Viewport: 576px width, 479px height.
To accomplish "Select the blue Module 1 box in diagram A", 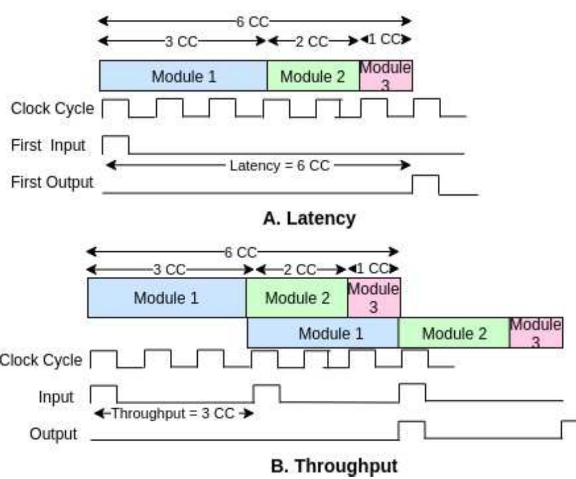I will [x=184, y=76].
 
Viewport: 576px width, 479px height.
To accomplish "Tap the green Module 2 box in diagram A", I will [x=313, y=76].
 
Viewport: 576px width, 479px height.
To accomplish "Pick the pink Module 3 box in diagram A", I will [x=386, y=76].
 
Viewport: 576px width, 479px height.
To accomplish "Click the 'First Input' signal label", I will [x=48, y=146].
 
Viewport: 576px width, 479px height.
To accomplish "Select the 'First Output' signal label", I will [x=52, y=182].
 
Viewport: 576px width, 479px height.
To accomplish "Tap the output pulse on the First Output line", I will [x=425, y=184].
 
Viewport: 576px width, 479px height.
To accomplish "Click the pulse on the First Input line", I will [x=116, y=144].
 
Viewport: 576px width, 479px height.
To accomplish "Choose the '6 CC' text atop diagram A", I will [x=252, y=22].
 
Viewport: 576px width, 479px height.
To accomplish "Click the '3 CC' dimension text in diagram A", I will [x=181, y=41].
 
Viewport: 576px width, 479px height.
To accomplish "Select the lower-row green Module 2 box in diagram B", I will [x=454, y=333].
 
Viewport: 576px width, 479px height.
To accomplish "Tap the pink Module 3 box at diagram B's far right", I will [x=536, y=333].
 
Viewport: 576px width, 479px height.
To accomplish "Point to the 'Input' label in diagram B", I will [x=56, y=397].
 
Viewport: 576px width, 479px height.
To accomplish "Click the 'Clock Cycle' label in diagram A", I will [x=52, y=108].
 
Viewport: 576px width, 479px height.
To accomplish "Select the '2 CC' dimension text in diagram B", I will [x=299, y=270].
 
